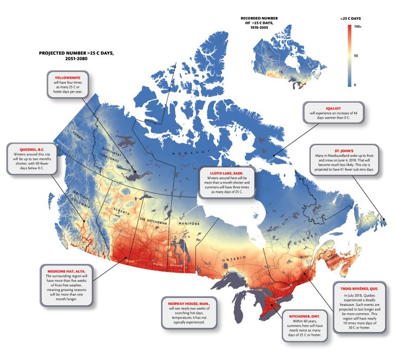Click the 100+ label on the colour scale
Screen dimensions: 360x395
pos(358,26)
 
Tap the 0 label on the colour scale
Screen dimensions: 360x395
pos(355,84)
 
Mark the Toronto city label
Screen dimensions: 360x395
pos(278,298)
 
